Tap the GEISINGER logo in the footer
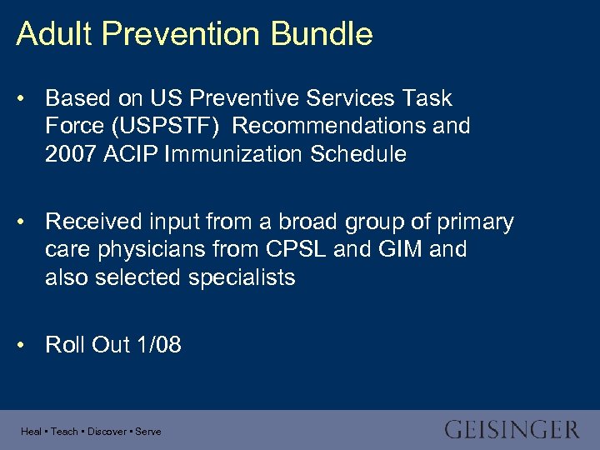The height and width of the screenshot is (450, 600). point(511,430)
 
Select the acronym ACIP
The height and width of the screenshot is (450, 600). point(132,154)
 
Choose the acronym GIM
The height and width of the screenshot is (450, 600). point(403,249)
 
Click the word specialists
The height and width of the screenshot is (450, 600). point(242,277)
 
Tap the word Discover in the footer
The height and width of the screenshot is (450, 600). point(107,432)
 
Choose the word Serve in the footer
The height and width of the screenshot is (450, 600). point(148,432)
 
